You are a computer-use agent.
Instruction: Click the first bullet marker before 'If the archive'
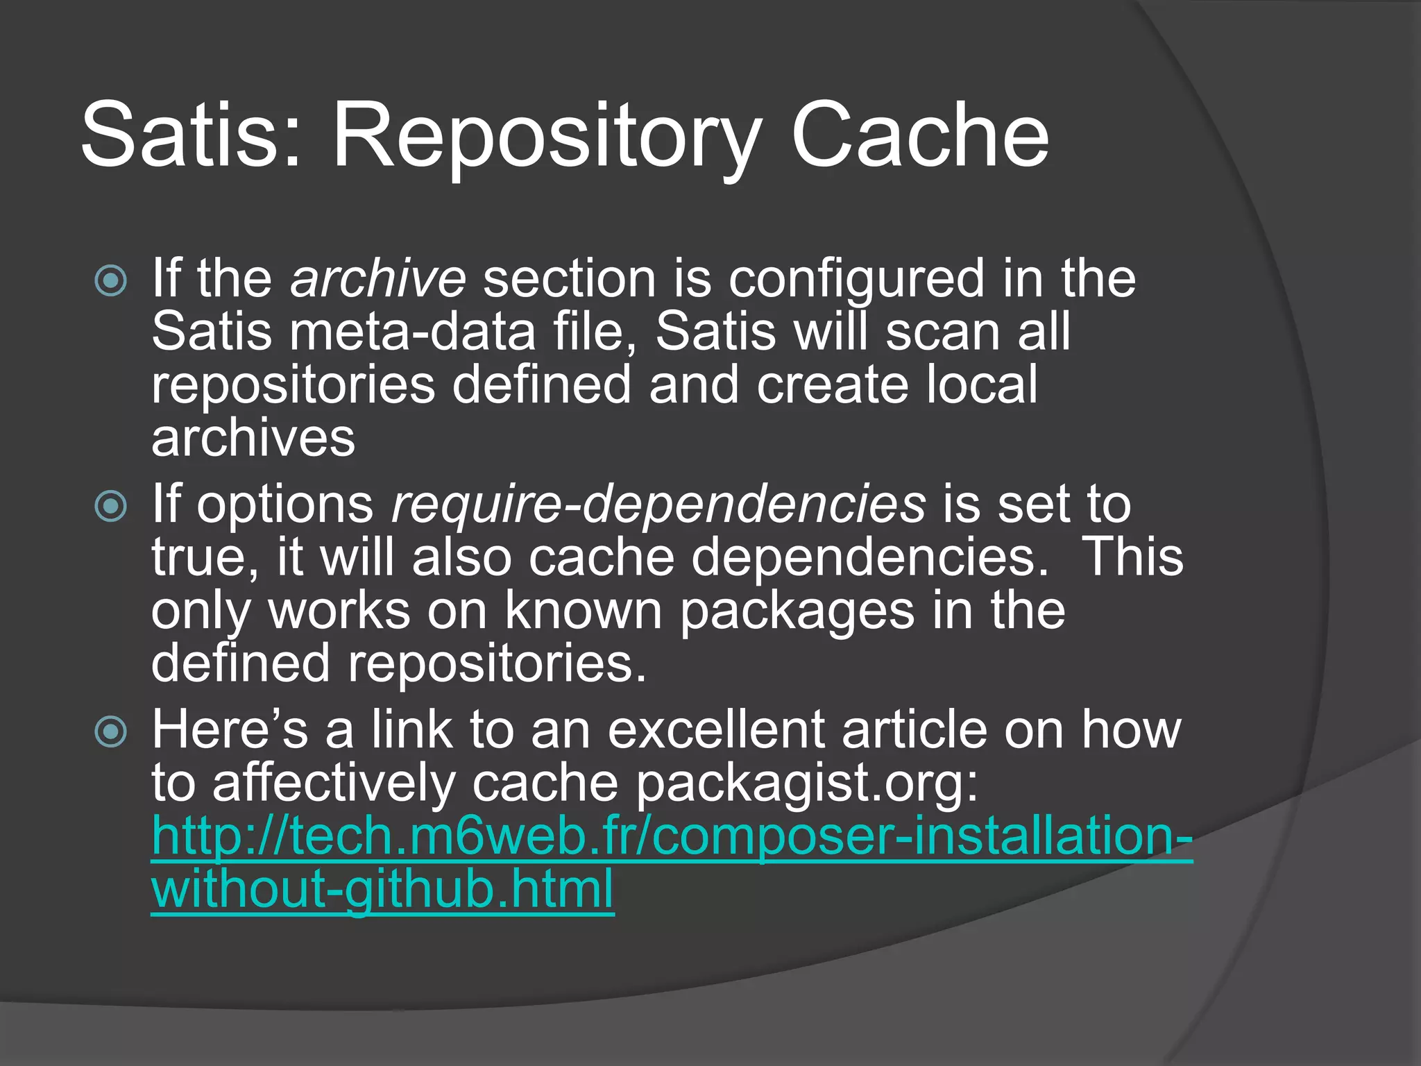(111, 281)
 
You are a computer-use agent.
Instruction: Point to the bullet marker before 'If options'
(111, 506)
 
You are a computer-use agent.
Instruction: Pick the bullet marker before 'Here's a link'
(111, 731)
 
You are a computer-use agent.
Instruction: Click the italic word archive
(378, 279)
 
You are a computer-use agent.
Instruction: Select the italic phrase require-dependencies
(658, 505)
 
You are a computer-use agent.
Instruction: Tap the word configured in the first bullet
(856, 279)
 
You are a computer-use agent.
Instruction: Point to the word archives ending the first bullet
(253, 439)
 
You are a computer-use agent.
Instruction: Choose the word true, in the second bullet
(205, 558)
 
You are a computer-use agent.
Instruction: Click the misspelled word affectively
(334, 784)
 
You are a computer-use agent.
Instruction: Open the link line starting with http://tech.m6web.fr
(672, 837)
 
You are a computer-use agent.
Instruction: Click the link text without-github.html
(382, 890)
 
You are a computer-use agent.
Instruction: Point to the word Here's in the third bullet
(230, 730)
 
